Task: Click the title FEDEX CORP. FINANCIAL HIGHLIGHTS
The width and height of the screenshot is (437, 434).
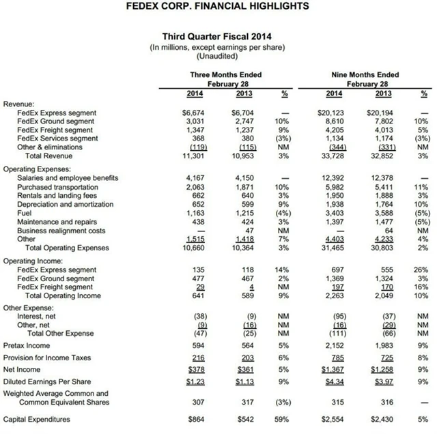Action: [218, 7]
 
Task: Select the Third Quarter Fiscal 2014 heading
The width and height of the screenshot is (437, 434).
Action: [217, 36]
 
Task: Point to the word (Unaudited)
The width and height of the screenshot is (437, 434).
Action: [217, 56]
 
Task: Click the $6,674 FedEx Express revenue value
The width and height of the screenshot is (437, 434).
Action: [194, 113]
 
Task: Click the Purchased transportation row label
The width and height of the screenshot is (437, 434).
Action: [53, 187]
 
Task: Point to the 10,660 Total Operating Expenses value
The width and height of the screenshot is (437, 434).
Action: [193, 248]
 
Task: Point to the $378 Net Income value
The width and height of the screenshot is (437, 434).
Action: [195, 370]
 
